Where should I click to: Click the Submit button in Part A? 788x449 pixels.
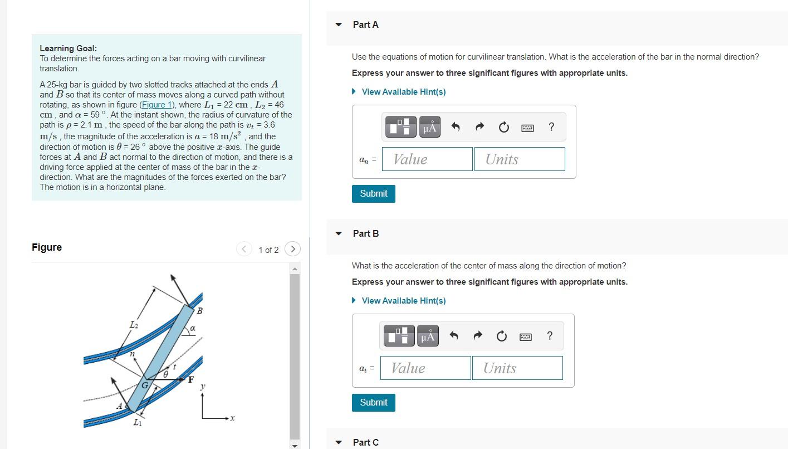pyautogui.click(x=373, y=193)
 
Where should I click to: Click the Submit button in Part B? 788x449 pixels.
pyautogui.click(x=373, y=402)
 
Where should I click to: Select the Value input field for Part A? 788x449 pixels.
pyautogui.click(x=427, y=159)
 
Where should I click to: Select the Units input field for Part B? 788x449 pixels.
pyautogui.click(x=517, y=368)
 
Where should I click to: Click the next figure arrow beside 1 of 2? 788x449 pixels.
pyautogui.click(x=292, y=249)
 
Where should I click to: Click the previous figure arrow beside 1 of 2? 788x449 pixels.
pyautogui.click(x=244, y=249)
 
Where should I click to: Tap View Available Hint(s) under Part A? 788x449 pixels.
pyautogui.click(x=403, y=92)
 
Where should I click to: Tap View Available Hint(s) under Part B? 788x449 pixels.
pyautogui.click(x=403, y=301)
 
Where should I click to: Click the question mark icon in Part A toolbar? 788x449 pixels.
pyautogui.click(x=551, y=127)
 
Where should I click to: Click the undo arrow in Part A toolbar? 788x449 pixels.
pyautogui.click(x=455, y=128)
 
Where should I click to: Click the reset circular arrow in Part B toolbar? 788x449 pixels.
pyautogui.click(x=501, y=336)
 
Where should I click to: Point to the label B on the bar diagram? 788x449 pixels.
pyautogui.click(x=199, y=310)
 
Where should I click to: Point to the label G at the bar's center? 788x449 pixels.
pyautogui.click(x=145, y=385)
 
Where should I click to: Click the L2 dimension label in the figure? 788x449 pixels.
pyautogui.click(x=134, y=324)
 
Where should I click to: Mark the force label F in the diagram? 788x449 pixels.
pyautogui.click(x=190, y=380)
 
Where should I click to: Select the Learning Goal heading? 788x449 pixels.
pyautogui.click(x=68, y=48)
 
